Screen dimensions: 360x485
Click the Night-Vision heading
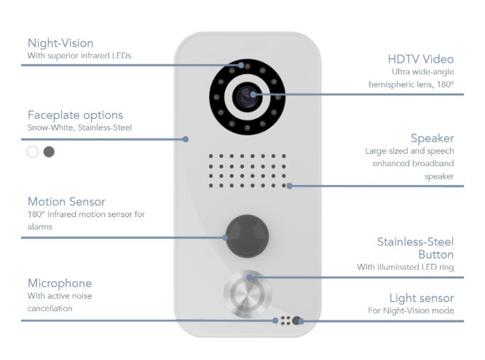click(x=60, y=43)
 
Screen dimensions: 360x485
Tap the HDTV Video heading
click(x=422, y=58)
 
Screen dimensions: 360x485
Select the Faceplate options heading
click(x=75, y=114)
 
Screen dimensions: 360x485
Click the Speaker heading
click(x=433, y=138)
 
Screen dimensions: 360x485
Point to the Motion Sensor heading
click(x=66, y=201)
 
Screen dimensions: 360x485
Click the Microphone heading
click(x=60, y=283)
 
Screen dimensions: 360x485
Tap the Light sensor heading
click(x=422, y=298)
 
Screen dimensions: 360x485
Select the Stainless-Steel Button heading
click(x=415, y=248)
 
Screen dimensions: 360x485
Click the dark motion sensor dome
click(x=247, y=236)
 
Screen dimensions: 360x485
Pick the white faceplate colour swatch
click(x=32, y=152)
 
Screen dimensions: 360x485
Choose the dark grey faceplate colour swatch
click(x=49, y=152)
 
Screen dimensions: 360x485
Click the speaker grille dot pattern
click(x=248, y=171)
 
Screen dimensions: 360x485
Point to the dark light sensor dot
click(x=296, y=321)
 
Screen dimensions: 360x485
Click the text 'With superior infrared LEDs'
click(x=79, y=55)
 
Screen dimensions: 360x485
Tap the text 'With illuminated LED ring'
click(x=405, y=267)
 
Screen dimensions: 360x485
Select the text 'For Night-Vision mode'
click(x=411, y=311)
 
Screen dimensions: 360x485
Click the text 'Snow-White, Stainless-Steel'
click(x=79, y=128)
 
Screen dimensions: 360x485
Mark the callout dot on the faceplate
click(x=186, y=138)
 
